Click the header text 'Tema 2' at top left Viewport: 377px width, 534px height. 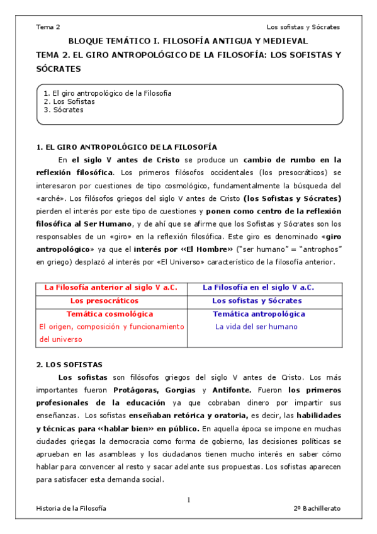(x=48, y=27)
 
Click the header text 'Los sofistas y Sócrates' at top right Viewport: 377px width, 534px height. (x=303, y=27)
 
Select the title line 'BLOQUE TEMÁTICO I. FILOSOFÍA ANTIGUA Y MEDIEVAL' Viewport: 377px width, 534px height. (x=188, y=41)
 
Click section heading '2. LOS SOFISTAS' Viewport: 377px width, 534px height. (x=69, y=365)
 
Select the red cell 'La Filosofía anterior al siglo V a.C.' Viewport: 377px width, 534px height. (x=111, y=287)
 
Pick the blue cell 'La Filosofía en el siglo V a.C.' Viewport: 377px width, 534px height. (x=258, y=287)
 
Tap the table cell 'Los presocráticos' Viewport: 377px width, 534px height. (x=110, y=300)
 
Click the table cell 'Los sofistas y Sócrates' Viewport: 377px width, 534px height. (x=258, y=300)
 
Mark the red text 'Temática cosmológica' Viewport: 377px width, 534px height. (x=110, y=314)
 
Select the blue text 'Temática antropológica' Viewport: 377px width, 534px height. (x=259, y=314)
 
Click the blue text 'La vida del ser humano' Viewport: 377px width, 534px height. (x=256, y=327)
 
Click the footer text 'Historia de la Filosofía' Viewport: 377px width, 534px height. (x=71, y=508)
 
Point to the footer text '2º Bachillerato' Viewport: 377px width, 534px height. (x=316, y=508)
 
